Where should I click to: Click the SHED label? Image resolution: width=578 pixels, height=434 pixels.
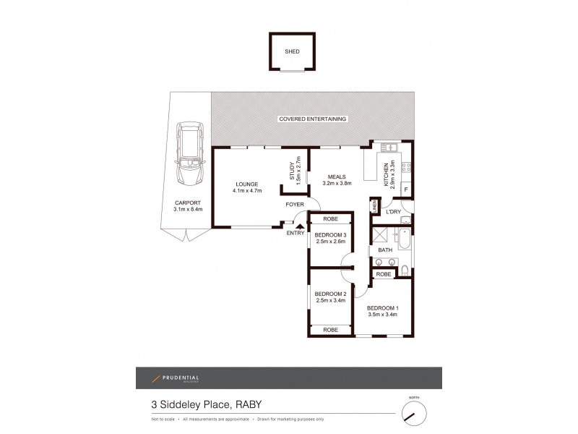pyautogui.click(x=292, y=52)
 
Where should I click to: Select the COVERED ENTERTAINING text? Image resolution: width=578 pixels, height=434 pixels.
pyautogui.click(x=313, y=119)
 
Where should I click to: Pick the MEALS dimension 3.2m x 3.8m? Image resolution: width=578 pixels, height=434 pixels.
pyautogui.click(x=337, y=183)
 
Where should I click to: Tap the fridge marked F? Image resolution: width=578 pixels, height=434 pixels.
pyautogui.click(x=406, y=190)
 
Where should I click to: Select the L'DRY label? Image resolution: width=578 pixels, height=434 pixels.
pyautogui.click(x=394, y=211)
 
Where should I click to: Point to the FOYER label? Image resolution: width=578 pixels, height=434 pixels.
pyautogui.click(x=294, y=205)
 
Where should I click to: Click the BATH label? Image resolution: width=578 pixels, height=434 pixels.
pyautogui.click(x=384, y=250)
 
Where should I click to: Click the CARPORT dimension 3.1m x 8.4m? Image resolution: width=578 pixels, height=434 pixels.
pyautogui.click(x=189, y=210)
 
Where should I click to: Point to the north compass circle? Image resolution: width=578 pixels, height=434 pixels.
pyautogui.click(x=413, y=414)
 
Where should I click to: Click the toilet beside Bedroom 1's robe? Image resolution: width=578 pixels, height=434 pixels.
pyautogui.click(x=405, y=272)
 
